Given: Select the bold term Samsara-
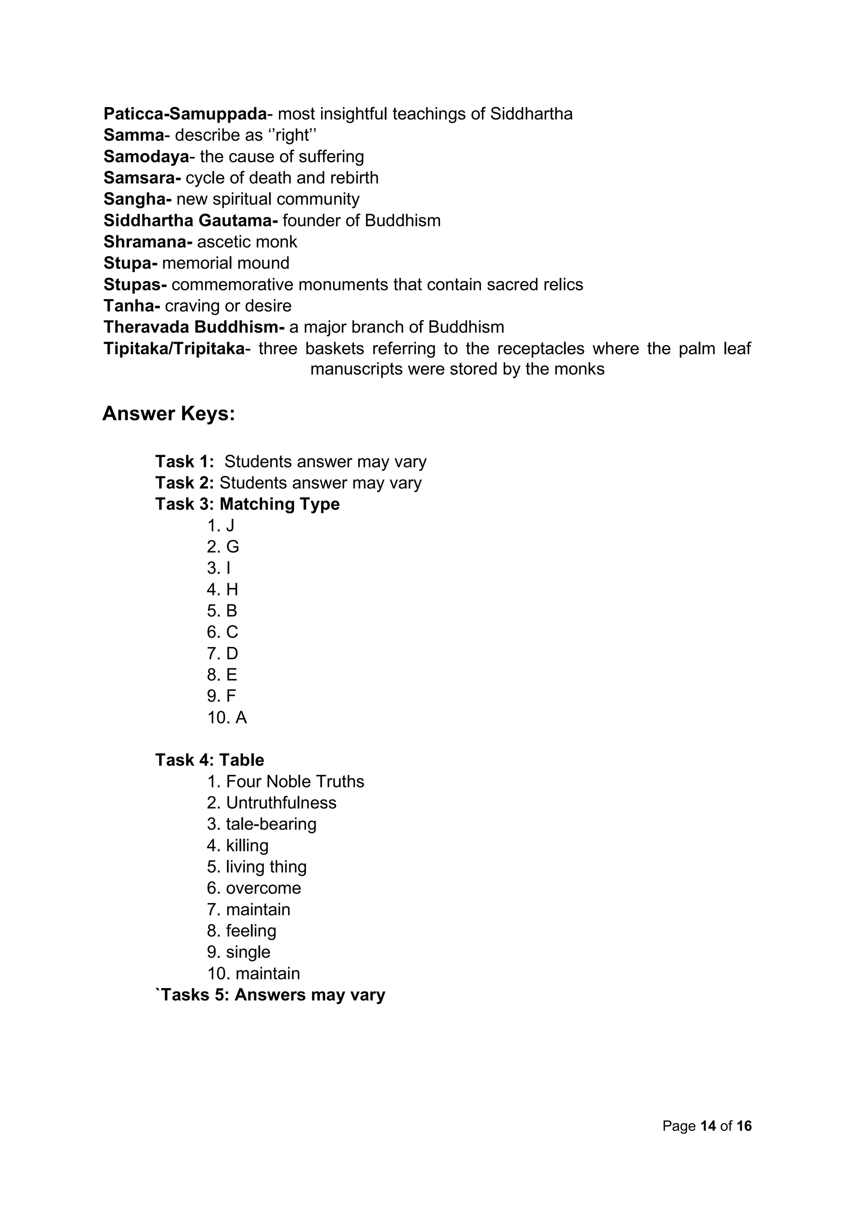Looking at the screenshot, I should point(142,178).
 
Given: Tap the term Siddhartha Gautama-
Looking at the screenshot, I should point(191,220).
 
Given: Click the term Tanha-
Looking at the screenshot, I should point(132,306).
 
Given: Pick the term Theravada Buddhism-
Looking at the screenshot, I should point(194,327).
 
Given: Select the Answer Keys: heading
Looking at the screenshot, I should point(169,413).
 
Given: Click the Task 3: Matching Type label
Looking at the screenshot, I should point(248,504).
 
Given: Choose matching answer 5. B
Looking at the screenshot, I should point(222,611).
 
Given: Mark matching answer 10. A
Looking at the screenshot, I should point(227,717).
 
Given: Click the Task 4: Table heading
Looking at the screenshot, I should point(210,760).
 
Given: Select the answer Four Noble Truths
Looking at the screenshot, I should point(295,782).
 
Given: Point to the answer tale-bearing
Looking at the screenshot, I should point(271,824).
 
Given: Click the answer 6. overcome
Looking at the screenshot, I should point(254,888).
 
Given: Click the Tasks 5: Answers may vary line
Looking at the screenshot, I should point(271,995).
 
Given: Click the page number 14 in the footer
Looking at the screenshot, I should point(708,1126).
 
